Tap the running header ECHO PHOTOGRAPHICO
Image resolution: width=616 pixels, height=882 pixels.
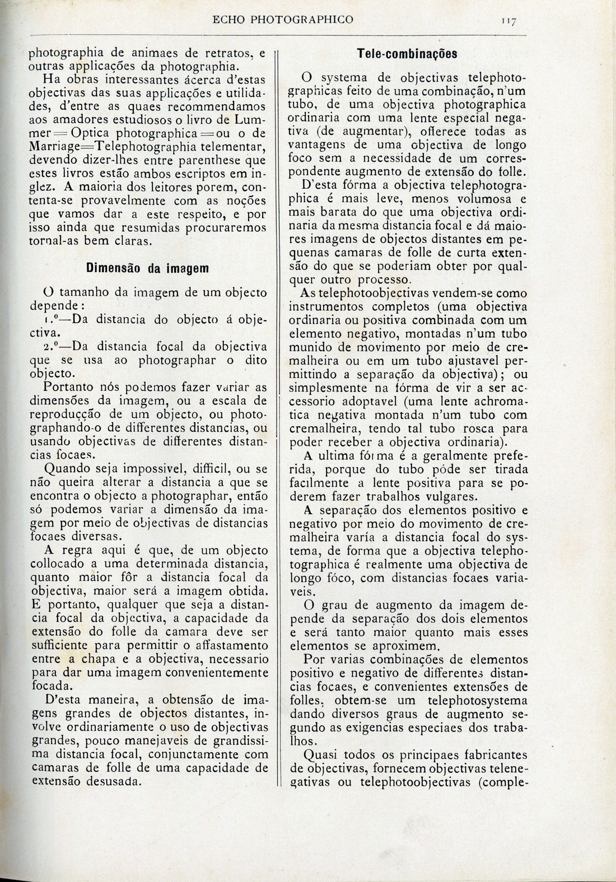(283, 20)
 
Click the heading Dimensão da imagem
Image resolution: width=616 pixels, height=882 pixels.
(147, 268)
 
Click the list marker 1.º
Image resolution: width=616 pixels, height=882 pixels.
(55, 320)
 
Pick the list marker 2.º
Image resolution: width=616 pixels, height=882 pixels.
(55, 345)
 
